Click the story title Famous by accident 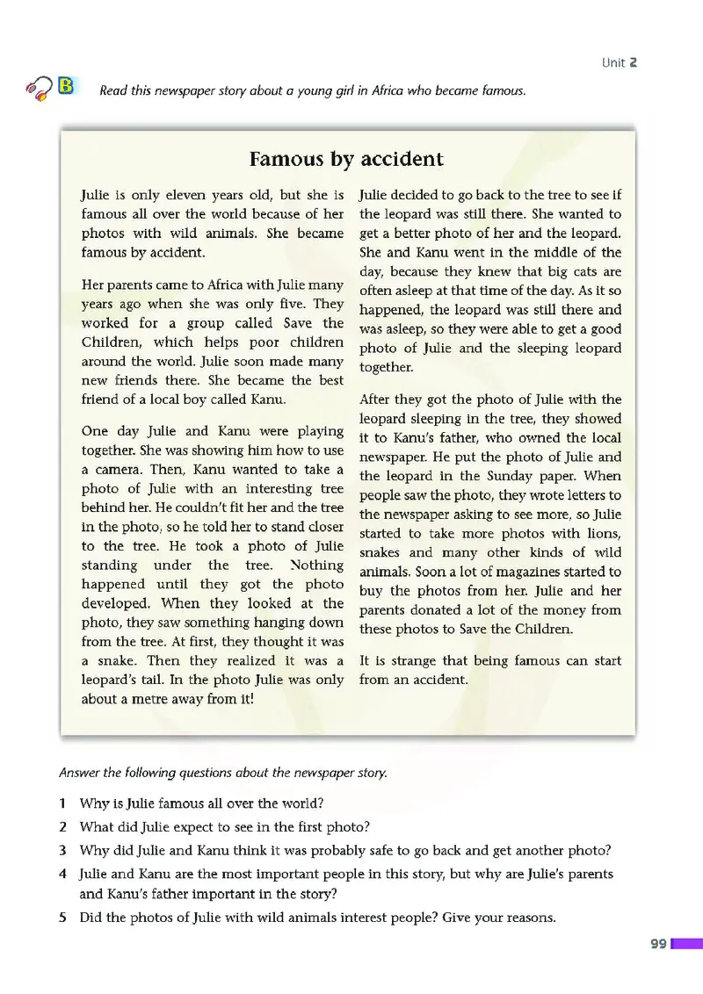click(346, 159)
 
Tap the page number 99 click(658, 944)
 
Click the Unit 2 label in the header click(619, 62)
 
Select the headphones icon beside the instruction click(40, 88)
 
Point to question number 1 click(62, 803)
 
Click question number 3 click(62, 850)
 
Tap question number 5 click(62, 918)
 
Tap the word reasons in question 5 click(524, 918)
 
